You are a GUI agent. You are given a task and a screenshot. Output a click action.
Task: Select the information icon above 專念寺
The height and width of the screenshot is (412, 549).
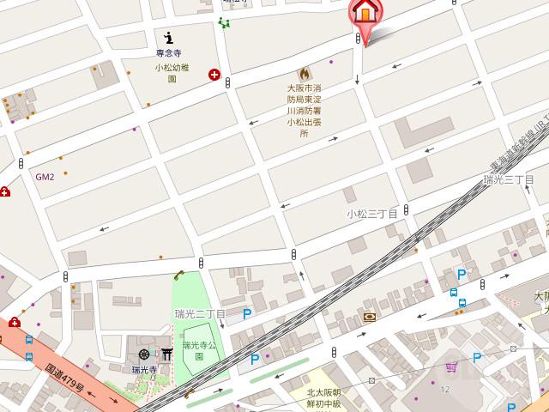[x=169, y=37]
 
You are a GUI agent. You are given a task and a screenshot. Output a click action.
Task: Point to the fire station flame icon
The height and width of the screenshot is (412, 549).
[x=304, y=75]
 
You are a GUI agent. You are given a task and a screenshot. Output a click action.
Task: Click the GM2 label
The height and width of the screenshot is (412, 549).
[x=45, y=178]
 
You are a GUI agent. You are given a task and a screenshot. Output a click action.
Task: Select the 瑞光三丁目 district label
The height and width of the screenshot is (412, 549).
[x=510, y=180]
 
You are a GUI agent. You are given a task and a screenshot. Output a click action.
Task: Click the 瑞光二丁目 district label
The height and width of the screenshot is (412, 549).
[x=200, y=314]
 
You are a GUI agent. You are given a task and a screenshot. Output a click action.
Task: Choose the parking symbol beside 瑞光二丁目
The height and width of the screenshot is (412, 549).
[x=247, y=315]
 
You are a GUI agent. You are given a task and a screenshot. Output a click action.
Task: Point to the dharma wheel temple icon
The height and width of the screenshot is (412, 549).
[x=144, y=354]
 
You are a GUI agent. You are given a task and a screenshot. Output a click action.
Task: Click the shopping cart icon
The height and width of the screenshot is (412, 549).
[x=451, y=367]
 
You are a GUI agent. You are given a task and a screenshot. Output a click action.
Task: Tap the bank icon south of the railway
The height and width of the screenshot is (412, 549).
[x=369, y=317]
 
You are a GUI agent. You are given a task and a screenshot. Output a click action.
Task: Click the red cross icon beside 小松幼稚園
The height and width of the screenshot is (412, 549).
[x=214, y=75]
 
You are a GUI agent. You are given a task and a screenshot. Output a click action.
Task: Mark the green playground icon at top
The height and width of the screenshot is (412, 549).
[x=224, y=23]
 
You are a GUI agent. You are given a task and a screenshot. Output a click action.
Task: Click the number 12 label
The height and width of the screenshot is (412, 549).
[x=445, y=391]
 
